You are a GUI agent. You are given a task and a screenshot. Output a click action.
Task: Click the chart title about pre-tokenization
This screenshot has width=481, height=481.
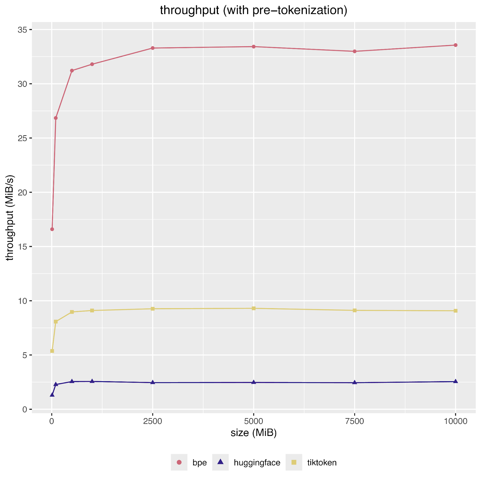(x=253, y=11)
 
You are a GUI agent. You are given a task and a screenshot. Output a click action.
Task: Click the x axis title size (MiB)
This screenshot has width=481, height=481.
(x=253, y=433)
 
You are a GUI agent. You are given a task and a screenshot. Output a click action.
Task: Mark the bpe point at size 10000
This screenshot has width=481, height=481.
(x=455, y=45)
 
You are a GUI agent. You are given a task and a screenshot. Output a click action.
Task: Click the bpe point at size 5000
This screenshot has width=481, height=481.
(x=254, y=47)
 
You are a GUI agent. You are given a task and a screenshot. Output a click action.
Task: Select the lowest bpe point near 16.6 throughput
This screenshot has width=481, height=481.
(x=52, y=229)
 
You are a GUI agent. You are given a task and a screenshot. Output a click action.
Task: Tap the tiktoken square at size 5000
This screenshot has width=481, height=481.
(x=254, y=308)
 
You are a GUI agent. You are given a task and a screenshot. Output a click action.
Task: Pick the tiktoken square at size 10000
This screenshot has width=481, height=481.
(x=455, y=311)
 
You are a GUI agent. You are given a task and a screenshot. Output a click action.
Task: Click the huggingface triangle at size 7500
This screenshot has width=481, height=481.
(x=355, y=382)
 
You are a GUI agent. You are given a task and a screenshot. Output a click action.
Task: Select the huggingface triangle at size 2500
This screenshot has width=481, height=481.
(x=153, y=382)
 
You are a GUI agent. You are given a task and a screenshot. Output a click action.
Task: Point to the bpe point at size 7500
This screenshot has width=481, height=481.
(x=355, y=51)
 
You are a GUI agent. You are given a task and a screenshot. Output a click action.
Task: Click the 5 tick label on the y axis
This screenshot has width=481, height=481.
(x=25, y=355)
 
